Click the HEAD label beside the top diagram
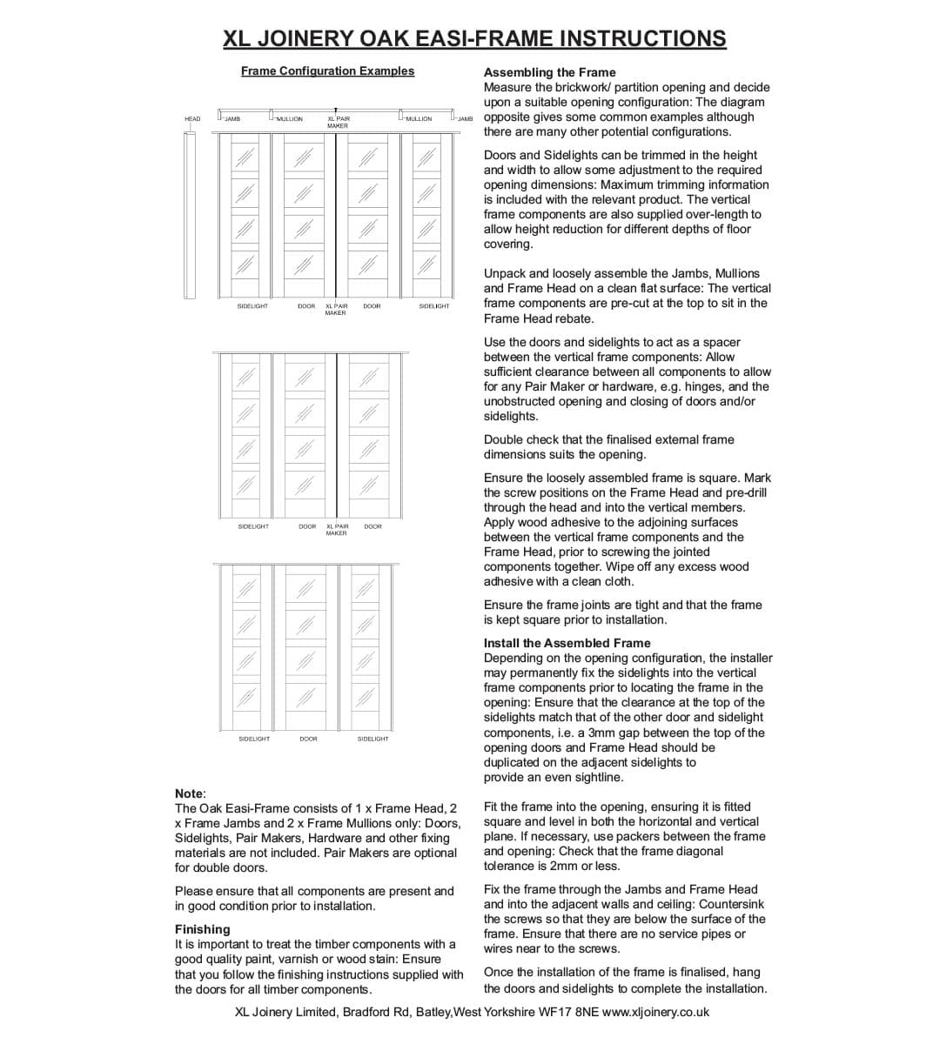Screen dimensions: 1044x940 [192, 119]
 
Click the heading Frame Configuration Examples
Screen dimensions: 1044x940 [327, 71]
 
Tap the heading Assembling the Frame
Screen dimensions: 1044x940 [549, 72]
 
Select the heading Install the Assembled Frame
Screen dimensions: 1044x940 [567, 643]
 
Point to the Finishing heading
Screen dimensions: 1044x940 [202, 929]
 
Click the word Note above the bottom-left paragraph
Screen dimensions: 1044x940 [189, 793]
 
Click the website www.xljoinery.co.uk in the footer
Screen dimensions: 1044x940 [655, 1012]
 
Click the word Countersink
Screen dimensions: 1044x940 [731, 904]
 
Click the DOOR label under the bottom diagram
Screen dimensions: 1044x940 [308, 739]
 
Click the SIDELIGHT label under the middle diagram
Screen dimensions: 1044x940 [253, 526]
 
